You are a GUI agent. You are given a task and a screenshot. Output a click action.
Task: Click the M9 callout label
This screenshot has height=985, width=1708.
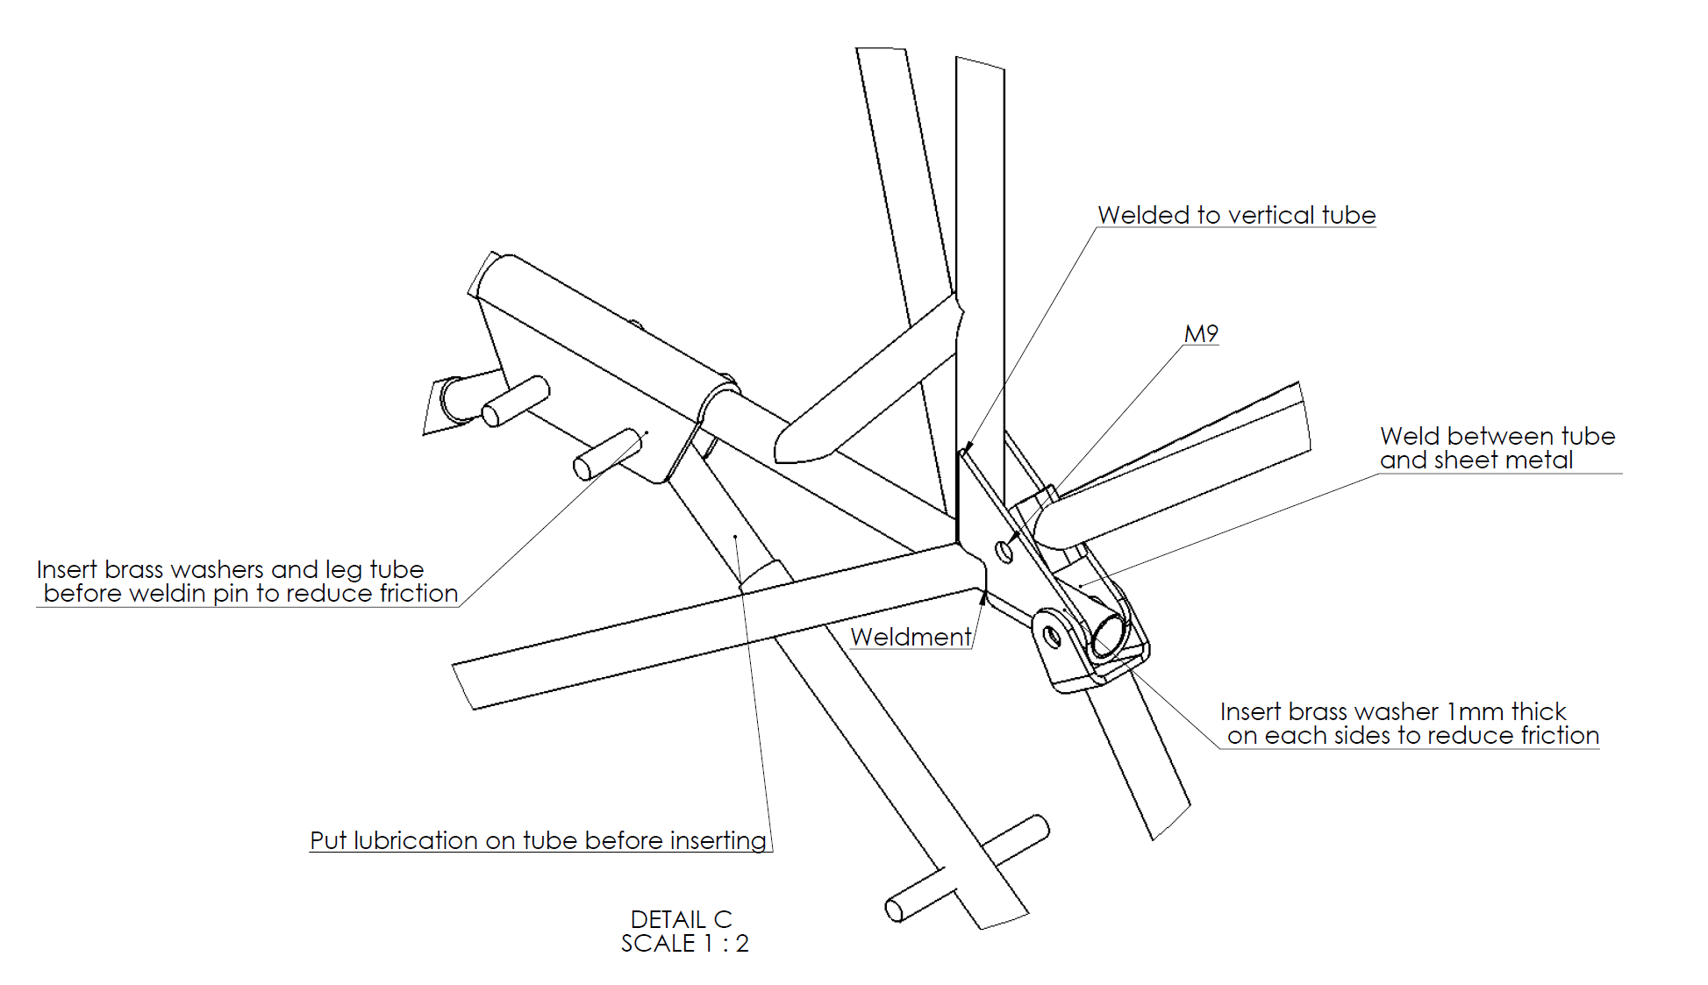[1201, 334]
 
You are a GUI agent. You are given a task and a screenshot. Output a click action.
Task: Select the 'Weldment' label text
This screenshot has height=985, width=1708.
[911, 637]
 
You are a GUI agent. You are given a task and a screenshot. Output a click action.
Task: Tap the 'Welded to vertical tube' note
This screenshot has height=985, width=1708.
[1236, 216]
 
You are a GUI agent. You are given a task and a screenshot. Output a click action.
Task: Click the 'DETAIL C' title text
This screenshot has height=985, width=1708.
[681, 919]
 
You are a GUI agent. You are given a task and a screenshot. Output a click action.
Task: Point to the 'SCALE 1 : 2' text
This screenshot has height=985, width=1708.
[684, 944]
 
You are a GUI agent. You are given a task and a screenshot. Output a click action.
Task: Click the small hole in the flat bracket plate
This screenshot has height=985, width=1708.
[1004, 551]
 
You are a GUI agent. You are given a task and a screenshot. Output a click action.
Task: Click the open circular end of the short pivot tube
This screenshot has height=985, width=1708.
[1107, 634]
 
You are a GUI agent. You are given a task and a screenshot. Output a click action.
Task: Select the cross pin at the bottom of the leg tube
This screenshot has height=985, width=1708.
[965, 868]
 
